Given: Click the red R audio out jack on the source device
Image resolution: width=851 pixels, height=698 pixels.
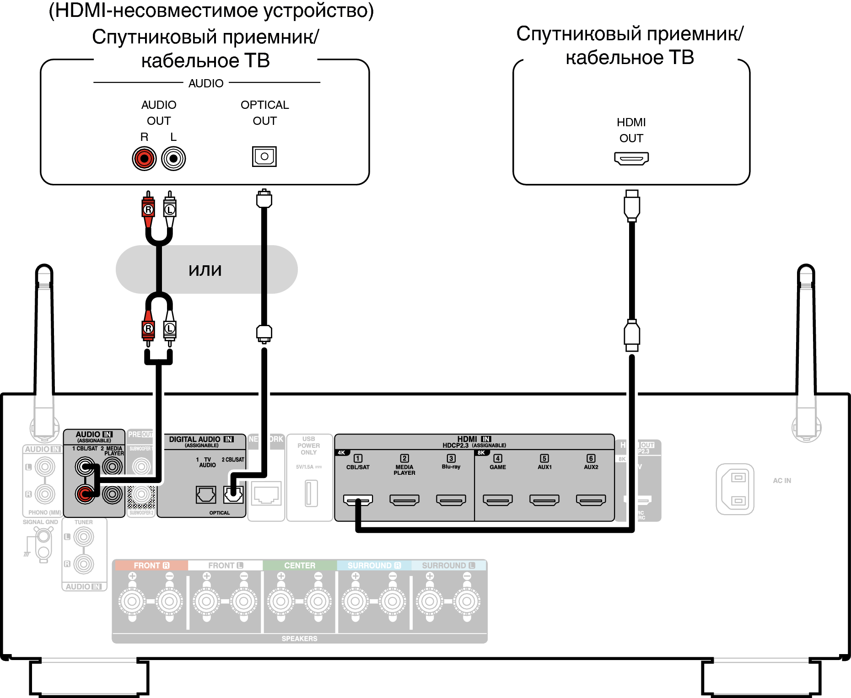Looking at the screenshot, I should (144, 159).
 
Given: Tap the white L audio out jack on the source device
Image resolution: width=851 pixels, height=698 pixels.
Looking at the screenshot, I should (173, 159).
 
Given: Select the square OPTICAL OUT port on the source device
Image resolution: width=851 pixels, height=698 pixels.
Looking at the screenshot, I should (264, 156).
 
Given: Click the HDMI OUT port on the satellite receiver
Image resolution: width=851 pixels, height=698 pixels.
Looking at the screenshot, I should (631, 159).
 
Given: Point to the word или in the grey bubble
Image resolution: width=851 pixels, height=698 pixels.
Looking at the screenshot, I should (205, 270).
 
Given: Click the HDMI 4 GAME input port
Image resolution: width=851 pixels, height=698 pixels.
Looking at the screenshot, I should (498, 500).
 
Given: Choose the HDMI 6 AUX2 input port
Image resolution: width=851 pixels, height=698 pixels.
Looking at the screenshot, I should (591, 500).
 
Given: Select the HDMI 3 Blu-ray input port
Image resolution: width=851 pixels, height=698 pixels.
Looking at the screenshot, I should (451, 500).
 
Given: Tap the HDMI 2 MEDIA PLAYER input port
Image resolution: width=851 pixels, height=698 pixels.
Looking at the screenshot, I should (404, 500).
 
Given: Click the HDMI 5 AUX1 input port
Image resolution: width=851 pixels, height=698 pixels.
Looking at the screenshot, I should (544, 500).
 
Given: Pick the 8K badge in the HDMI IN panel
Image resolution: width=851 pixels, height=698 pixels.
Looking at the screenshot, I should (481, 453).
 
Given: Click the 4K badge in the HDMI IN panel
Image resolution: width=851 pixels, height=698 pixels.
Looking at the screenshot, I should (342, 453).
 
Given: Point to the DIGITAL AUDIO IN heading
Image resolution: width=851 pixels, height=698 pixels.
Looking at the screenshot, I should (201, 440).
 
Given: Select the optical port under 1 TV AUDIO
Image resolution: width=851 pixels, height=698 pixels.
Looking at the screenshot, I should (206, 494).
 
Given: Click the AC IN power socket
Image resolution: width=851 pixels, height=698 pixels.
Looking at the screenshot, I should (735, 489).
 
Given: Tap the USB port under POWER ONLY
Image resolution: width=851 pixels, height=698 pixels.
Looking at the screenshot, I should (311, 493).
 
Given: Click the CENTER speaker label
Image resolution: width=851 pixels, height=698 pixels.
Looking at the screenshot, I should (300, 565).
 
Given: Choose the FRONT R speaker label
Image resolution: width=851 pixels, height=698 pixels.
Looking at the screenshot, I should (151, 565).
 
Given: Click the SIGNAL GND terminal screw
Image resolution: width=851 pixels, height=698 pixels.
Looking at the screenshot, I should (43, 536).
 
